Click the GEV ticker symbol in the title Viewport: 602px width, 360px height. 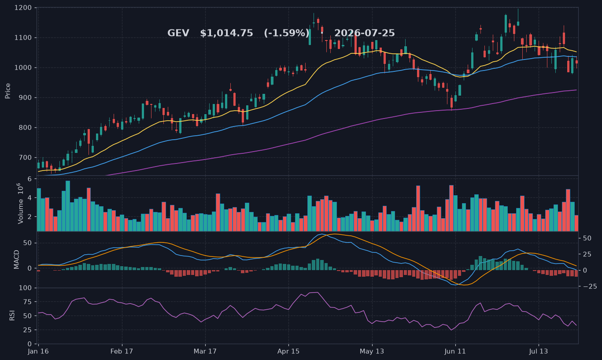(178, 33)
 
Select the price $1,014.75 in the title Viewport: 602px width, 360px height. (226, 33)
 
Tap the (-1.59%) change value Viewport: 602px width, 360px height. (287, 33)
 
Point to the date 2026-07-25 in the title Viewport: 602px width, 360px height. (365, 33)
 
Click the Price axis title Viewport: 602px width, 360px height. (8, 91)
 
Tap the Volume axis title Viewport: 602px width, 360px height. (21, 204)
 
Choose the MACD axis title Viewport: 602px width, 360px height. (17, 260)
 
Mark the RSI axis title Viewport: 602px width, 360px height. (12, 315)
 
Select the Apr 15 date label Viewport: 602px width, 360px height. (288, 351)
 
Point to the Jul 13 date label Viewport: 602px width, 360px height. (539, 351)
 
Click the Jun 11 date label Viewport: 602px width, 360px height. (455, 351)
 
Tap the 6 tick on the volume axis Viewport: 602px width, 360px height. (30, 179)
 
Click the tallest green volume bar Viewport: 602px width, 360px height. (68, 206)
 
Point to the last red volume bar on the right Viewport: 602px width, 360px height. (576, 223)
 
